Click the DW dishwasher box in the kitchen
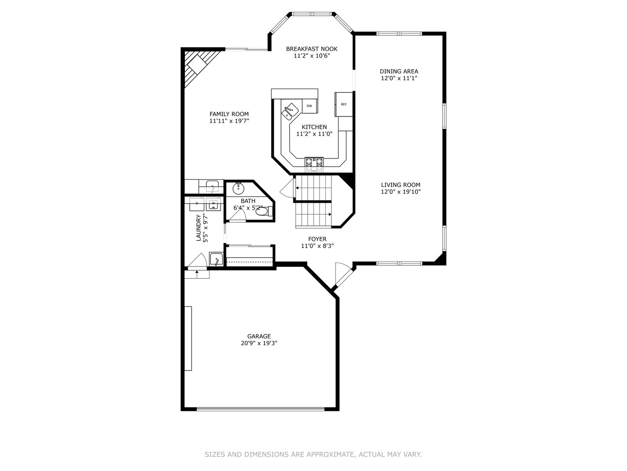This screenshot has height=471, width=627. click(x=310, y=106)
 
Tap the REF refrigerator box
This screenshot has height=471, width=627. click(x=344, y=105)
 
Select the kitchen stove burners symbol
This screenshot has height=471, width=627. click(x=314, y=162)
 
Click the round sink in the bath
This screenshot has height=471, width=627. click(x=238, y=188)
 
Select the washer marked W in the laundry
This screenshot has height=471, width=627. click(x=213, y=204)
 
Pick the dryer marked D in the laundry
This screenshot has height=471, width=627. click(x=197, y=204)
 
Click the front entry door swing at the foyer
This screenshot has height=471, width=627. click(x=343, y=275)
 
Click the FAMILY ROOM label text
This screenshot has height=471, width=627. click(x=229, y=114)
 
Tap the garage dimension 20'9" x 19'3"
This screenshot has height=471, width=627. click(x=259, y=343)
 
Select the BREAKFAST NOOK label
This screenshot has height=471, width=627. click(x=311, y=49)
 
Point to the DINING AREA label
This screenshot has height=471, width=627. click(x=399, y=72)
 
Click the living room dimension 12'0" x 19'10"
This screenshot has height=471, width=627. click(x=401, y=191)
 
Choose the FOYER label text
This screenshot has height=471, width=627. click(x=317, y=239)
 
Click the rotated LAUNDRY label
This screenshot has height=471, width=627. click(x=199, y=228)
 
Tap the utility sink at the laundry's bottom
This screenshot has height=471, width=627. click(x=216, y=259)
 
